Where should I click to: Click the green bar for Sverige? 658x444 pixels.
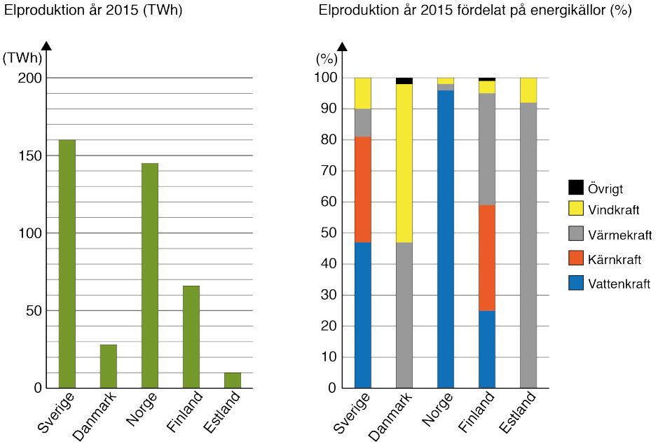pos(67,263)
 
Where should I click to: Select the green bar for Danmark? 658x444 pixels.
pos(108,366)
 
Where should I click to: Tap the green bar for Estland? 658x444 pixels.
pos(232,380)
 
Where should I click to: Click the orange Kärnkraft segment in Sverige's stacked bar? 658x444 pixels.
pos(362,189)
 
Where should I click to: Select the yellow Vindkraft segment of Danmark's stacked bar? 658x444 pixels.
pos(404,162)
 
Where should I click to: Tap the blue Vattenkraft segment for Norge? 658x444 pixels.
pos(446,238)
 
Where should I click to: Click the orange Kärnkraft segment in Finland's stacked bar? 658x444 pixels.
pos(487,258)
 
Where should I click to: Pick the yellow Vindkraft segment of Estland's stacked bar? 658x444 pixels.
pos(528,90)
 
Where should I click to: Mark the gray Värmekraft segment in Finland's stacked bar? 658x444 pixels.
pos(487,148)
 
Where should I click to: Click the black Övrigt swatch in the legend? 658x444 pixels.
pos(576,188)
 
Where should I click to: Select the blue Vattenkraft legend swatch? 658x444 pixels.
pos(576,284)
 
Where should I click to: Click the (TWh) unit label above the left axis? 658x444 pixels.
pos(22,59)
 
